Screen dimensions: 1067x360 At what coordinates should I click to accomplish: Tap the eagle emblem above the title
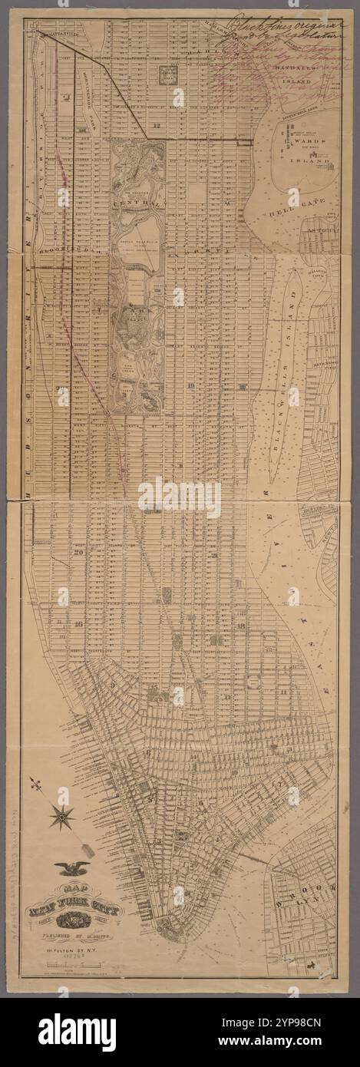tap(72, 868)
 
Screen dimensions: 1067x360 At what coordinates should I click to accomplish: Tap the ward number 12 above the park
tap(156, 124)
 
